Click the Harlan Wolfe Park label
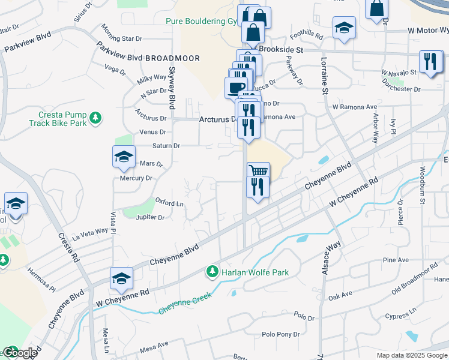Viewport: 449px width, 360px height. pos(255,272)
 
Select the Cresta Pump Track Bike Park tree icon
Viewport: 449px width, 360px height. pos(95,118)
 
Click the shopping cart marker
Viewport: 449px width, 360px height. pos(258,172)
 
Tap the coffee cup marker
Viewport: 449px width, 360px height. pos(236,87)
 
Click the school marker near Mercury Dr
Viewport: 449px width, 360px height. pos(123,157)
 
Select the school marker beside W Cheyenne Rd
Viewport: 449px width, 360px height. pos(121,278)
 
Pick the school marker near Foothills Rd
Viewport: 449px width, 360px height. pos(344,28)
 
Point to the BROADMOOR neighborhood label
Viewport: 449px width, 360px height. pos(171,58)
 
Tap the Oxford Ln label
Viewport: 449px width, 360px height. pos(169,202)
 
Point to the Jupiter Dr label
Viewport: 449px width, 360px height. pos(150,217)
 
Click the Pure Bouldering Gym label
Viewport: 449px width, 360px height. pos(201,21)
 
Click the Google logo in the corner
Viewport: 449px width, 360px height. pos(20,353)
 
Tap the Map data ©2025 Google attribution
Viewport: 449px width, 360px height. pos(412,355)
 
